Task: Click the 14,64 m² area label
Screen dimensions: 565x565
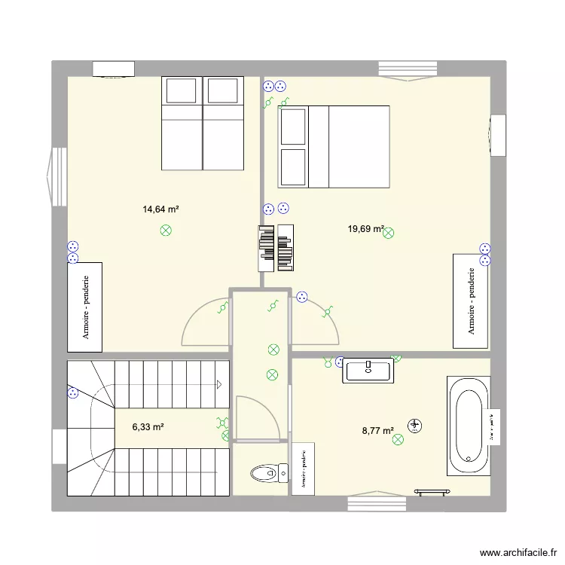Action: pyautogui.click(x=160, y=209)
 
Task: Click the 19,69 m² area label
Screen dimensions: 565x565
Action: pyautogui.click(x=365, y=229)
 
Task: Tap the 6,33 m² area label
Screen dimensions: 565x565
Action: pyautogui.click(x=148, y=427)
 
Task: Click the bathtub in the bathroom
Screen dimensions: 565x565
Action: pyautogui.click(x=468, y=426)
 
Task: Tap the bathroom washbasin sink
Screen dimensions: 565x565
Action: pyautogui.click(x=368, y=370)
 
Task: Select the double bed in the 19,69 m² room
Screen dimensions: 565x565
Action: pyautogui.click(x=334, y=146)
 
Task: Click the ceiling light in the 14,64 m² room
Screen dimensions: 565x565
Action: pyautogui.click(x=166, y=231)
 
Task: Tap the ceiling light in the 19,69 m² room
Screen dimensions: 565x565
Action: pyautogui.click(x=389, y=234)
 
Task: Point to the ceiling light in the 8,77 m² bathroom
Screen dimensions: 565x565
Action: pyautogui.click(x=398, y=449)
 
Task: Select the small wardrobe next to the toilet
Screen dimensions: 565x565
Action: pyautogui.click(x=304, y=469)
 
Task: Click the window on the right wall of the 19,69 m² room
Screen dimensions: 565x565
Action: pyautogui.click(x=497, y=136)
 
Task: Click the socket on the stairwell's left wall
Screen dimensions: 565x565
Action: pyautogui.click(x=73, y=392)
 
